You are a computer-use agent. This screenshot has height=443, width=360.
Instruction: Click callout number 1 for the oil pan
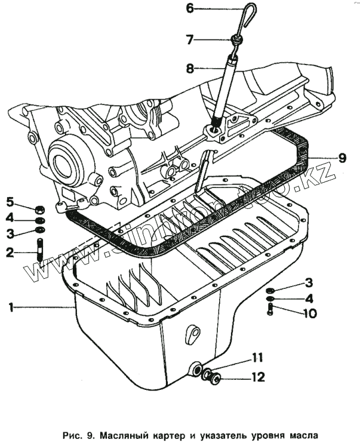(x=10, y=307)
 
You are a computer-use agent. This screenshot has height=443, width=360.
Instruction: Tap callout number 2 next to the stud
(x=10, y=253)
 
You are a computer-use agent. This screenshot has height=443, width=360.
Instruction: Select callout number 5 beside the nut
(x=10, y=200)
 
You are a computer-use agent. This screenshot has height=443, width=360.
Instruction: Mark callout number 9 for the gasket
(x=341, y=158)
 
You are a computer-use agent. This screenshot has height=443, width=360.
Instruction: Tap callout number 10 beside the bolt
(x=309, y=313)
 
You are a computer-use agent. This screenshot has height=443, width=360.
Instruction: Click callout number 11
(x=257, y=358)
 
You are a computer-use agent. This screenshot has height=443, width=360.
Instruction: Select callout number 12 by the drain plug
(x=258, y=377)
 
